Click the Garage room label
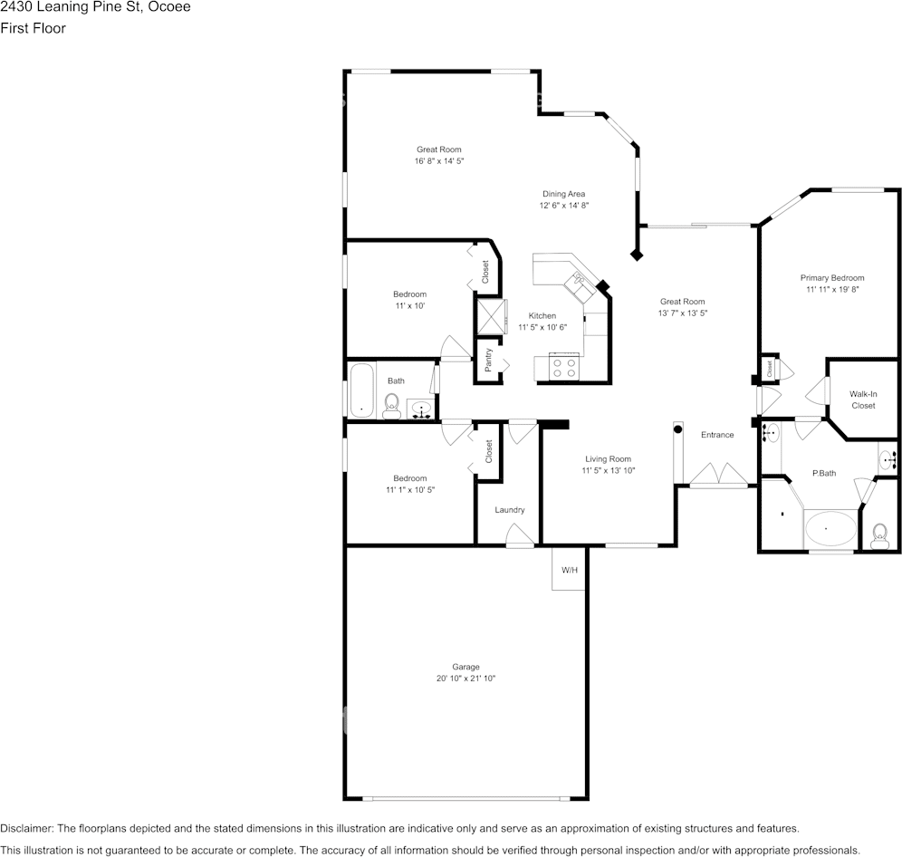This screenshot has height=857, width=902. pos(466,667)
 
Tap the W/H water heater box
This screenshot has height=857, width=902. pos(569,570)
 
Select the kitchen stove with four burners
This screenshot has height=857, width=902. pos(564,367)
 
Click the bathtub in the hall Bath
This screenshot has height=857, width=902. pos(362,390)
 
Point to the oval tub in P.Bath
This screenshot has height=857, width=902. pos(830,528)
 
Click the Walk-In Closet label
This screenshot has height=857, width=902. pos(862,400)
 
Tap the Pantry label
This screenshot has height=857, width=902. pos(488,360)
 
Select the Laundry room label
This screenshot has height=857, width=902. pos(509,510)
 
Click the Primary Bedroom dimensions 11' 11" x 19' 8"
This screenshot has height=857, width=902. pos(831,290)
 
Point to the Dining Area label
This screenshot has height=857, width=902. pos(563,194)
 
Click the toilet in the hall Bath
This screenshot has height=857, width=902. pos(392,404)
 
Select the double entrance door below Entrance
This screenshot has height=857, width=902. pos(718,476)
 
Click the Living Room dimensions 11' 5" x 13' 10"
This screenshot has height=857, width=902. pos(608,470)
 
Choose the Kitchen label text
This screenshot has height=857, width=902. pos(542,315)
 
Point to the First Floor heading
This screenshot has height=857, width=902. pos(33,28)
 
